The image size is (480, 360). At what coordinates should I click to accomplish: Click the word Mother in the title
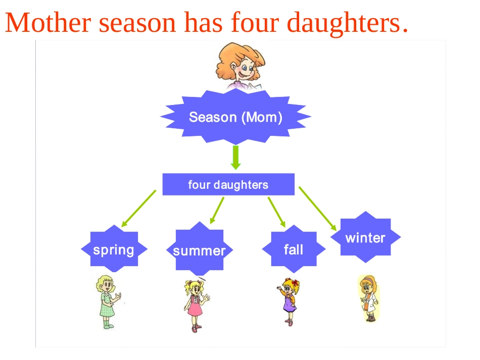coord(49,23)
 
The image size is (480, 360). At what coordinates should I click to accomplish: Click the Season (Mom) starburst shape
coord(235,118)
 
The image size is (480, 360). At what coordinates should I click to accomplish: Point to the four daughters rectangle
coord(228,185)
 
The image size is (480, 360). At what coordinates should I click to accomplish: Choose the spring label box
coord(114,249)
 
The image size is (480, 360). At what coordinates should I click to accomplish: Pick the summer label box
coord(200,250)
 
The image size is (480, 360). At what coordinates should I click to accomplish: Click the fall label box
coord(294,249)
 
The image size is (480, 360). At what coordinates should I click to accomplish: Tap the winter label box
coord(365,237)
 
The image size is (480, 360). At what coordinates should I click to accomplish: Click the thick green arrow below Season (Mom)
coord(235,158)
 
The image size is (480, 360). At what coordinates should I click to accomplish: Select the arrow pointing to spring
coord(138,208)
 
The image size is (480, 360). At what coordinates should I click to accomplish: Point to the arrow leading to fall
coord(277,212)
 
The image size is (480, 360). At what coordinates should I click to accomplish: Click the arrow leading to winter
coord(317,209)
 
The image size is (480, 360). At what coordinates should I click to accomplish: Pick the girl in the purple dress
coord(289,301)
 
